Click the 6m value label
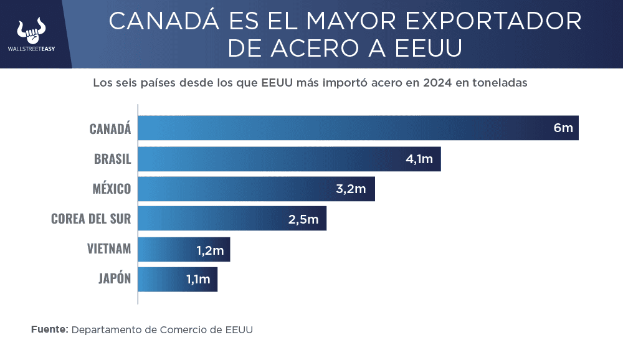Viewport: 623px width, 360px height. pyautogui.click(x=563, y=128)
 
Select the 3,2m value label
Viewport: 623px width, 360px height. pyautogui.click(x=351, y=189)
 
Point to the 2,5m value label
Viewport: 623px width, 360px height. pyautogui.click(x=303, y=219)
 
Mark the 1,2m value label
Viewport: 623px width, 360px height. pyautogui.click(x=210, y=250)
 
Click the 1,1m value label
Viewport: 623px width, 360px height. pyautogui.click(x=198, y=280)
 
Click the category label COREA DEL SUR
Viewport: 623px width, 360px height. pyautogui.click(x=91, y=219)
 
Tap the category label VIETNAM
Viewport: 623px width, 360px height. pyautogui.click(x=109, y=249)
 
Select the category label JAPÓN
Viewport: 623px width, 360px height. pyautogui.click(x=115, y=279)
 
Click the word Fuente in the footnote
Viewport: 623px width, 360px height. pyautogui.click(x=49, y=329)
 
